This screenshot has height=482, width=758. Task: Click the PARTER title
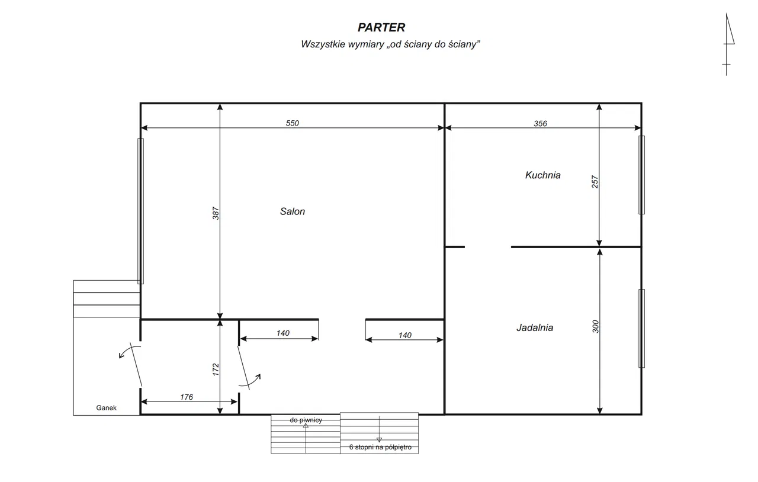point(381,27)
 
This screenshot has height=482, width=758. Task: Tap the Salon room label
point(293,211)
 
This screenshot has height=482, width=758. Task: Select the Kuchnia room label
point(543,175)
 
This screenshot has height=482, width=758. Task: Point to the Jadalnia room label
point(535,327)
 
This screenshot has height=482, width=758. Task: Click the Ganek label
point(106,407)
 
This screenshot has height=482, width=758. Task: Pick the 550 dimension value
point(293,123)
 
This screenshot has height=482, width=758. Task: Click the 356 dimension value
point(541,124)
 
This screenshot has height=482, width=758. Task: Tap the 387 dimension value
point(216,213)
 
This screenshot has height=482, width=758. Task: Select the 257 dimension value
point(595,182)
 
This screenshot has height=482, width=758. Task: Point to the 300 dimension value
point(596,327)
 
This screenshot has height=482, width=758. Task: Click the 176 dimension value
point(187,397)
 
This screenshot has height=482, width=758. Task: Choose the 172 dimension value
point(216,369)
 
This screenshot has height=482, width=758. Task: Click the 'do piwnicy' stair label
point(306,420)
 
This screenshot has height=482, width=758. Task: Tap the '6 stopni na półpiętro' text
point(380,447)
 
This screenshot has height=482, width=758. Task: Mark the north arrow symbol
point(728,44)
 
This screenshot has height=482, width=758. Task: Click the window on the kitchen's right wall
point(641,175)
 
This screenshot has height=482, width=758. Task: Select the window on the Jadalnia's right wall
point(641,328)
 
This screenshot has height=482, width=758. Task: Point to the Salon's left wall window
point(140,211)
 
